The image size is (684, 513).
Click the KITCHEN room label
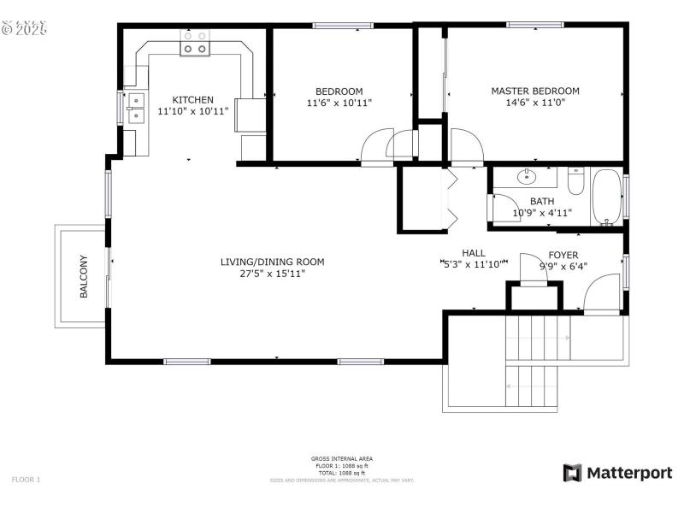coord(192,99)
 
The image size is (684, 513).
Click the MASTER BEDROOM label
coord(534,91)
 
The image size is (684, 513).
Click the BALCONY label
coord(84,276)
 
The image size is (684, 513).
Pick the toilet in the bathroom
coord(575,181)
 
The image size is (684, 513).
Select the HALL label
coord(474,253)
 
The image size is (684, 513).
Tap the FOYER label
coord(563,254)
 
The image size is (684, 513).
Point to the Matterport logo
coord(617,473)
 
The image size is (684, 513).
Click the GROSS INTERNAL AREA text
coord(341,459)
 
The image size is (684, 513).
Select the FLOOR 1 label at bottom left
coord(26,480)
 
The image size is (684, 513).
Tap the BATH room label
coord(541,202)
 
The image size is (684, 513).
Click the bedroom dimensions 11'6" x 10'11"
coord(339,103)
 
